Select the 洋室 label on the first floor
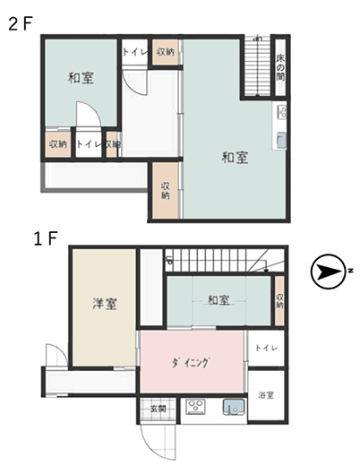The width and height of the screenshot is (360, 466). (105, 304)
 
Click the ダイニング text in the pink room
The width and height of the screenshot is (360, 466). (191, 362)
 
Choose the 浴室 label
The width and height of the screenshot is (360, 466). (266, 394)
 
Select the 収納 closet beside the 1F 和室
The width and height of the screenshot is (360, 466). (280, 301)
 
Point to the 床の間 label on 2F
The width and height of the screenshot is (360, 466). (279, 70)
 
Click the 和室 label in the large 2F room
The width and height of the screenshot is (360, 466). (236, 158)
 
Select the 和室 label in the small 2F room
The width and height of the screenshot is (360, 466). (81, 78)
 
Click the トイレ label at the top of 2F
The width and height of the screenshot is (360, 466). (134, 53)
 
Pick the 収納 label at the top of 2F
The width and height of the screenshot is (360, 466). (166, 53)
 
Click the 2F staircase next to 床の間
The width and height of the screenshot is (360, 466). (257, 67)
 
